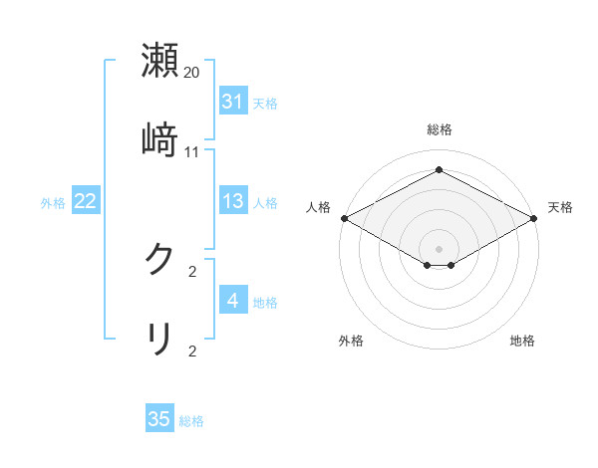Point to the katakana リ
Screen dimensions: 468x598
click(x=159, y=338)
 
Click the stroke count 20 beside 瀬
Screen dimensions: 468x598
click(x=192, y=73)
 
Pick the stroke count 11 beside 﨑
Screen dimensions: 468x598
click(x=192, y=151)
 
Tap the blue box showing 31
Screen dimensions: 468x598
click(x=232, y=102)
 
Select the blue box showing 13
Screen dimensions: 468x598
click(x=232, y=201)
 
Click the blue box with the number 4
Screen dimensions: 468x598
click(x=232, y=301)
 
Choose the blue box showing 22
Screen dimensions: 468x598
click(x=86, y=201)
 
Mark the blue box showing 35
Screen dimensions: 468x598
click(x=159, y=419)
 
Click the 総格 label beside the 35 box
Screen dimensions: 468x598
click(x=191, y=421)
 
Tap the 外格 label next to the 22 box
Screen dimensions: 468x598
click(x=53, y=203)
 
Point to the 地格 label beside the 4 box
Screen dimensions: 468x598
click(x=265, y=303)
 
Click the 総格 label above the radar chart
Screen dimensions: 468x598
click(x=439, y=129)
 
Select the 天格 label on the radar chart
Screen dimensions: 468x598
click(x=560, y=207)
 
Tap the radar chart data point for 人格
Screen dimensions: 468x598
click(x=343, y=217)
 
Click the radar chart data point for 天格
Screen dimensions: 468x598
click(x=535, y=217)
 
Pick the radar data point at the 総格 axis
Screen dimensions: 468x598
click(x=439, y=170)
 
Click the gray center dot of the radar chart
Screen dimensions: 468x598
click(x=439, y=248)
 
